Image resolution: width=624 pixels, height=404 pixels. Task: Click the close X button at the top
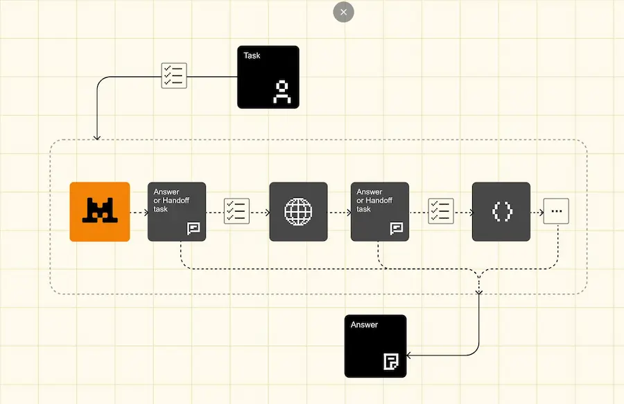click(343, 12)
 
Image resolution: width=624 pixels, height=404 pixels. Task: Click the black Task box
click(268, 77)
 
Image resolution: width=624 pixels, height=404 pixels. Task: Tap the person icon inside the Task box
click(281, 92)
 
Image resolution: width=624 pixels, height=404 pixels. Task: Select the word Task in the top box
click(252, 55)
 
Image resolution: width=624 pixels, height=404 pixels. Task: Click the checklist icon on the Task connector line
click(174, 76)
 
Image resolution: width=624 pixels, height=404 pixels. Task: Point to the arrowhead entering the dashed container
click(96, 137)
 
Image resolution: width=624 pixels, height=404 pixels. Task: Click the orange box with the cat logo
click(100, 212)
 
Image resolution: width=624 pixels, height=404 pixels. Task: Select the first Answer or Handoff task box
click(177, 212)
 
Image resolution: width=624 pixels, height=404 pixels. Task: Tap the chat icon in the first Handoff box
click(193, 228)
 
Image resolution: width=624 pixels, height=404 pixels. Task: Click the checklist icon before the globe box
click(236, 211)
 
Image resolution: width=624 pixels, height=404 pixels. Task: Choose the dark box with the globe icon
click(298, 212)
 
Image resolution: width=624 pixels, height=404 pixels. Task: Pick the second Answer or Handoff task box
click(380, 212)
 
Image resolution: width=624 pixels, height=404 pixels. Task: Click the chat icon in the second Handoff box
click(397, 228)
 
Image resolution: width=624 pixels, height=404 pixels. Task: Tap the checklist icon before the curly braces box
click(441, 211)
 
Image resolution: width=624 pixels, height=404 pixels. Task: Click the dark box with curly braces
click(501, 212)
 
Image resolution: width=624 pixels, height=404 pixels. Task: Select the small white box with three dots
click(556, 211)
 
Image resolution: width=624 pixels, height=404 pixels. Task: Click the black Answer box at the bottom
click(375, 346)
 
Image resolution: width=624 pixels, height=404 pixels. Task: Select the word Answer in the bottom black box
click(364, 324)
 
